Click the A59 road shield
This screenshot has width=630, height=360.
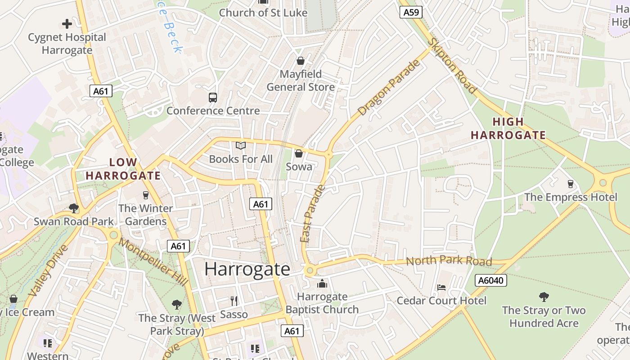click(411, 12)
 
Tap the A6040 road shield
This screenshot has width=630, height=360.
click(491, 281)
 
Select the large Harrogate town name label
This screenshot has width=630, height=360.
click(247, 269)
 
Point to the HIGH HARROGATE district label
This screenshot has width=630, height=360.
click(508, 128)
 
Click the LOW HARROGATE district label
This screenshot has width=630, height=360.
click(123, 169)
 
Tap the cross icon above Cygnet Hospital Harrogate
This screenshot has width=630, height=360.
click(67, 23)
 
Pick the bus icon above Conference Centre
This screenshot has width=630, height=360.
click(213, 97)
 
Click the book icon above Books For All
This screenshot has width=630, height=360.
click(241, 146)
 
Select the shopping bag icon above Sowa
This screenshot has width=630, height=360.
click(298, 153)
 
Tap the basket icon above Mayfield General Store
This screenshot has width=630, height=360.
click(300, 61)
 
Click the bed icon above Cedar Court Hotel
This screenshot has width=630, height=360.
click(441, 287)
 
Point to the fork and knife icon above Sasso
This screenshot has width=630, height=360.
click(234, 301)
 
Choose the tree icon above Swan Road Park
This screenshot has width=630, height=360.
click(74, 208)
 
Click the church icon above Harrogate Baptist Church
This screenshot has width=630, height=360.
click(322, 283)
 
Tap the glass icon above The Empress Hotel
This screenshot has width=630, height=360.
click(571, 184)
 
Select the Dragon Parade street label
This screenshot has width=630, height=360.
click(389, 87)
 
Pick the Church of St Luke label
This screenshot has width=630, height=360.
click(263, 13)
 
